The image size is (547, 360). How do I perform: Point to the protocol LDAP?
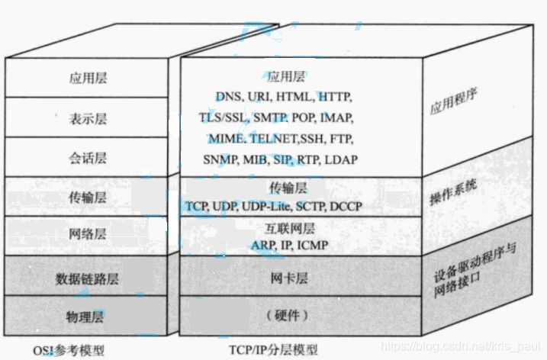(x=342, y=160)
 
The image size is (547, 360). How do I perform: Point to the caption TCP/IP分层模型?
(x=272, y=349)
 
